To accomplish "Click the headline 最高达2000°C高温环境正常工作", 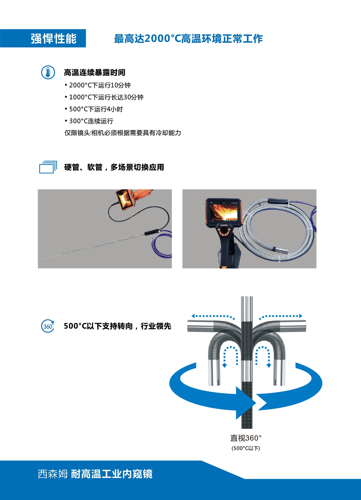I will tap(188, 39).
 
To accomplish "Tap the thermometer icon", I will tap(48, 72).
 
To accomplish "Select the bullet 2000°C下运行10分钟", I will tap(98, 85).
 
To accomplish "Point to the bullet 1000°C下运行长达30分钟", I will tap(104, 97).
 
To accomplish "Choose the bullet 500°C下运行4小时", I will tap(94, 109).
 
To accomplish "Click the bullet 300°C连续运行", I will tap(89, 121).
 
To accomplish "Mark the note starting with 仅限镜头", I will tap(122, 133).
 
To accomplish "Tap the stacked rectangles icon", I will tap(48, 167).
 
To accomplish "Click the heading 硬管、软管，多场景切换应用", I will tap(114, 167).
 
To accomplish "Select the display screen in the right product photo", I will tap(224, 212).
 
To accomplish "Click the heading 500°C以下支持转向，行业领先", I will tap(117, 326).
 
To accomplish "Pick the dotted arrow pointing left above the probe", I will tap(212, 316).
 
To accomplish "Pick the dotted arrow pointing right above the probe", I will tap(281, 316).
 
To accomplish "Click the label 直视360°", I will tap(246, 438).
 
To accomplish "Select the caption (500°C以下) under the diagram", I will tap(246, 448).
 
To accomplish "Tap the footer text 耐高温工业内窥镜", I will tap(112, 474).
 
